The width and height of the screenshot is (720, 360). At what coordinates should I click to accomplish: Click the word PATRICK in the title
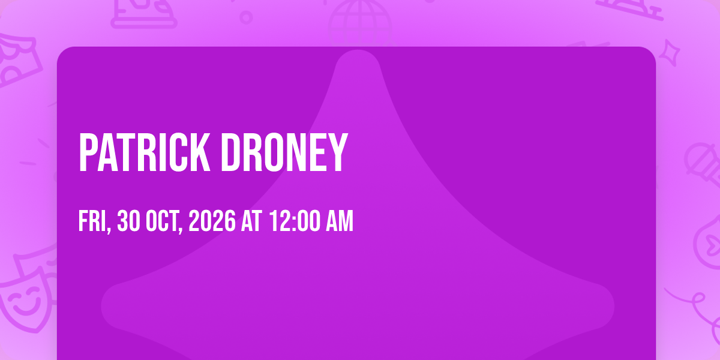tap(145, 152)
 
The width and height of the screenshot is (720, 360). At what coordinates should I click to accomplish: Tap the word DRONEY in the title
tap(284, 152)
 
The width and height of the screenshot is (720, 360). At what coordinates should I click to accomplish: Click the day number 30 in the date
tap(128, 221)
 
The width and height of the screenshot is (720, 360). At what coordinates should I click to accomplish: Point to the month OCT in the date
tap(164, 221)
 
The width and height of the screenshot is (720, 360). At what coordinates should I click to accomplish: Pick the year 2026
tap(212, 221)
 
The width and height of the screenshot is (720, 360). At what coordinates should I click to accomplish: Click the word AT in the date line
tap(251, 221)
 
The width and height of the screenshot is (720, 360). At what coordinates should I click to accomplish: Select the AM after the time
tap(340, 221)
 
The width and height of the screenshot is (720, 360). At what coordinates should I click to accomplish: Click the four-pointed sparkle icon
tap(670, 53)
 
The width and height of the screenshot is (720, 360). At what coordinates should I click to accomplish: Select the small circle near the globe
tap(246, 17)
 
